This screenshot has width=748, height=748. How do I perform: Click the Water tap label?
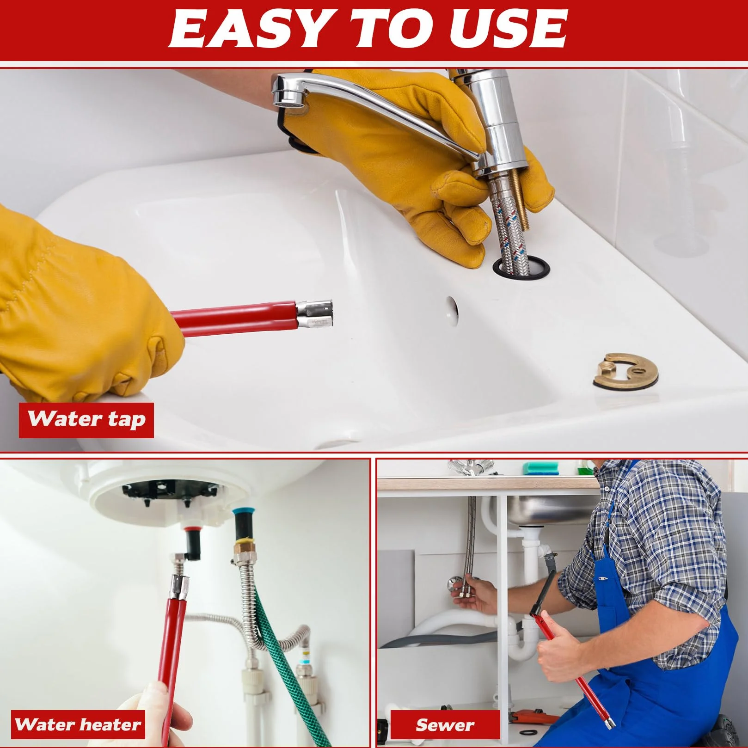(86, 420)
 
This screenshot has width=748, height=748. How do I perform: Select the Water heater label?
(78, 724)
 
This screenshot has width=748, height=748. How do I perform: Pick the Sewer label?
(445, 724)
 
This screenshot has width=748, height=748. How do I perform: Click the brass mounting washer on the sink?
(625, 371)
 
